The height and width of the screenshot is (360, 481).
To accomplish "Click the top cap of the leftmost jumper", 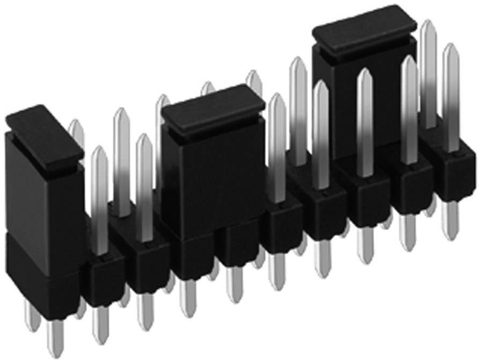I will [x=43, y=134].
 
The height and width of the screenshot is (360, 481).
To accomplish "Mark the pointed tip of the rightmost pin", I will [x=450, y=51].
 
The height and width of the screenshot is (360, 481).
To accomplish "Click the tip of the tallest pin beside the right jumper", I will [x=427, y=27].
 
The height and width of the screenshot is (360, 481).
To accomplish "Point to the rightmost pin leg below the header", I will [x=450, y=220].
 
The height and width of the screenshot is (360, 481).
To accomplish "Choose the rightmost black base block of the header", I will [x=450, y=172].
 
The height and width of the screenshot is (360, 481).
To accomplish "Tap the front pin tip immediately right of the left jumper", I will [x=99, y=153].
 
